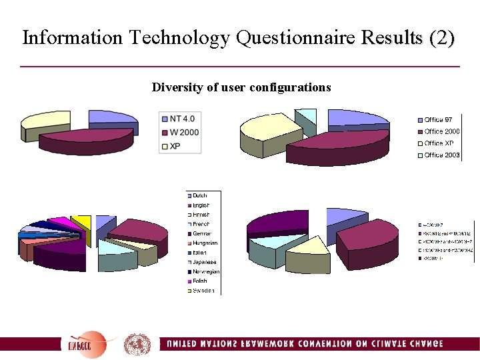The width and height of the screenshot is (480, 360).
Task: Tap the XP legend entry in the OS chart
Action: (x=175, y=145)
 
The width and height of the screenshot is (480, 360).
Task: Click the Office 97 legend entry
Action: (x=438, y=120)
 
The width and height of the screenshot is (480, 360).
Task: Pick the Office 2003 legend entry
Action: (x=441, y=155)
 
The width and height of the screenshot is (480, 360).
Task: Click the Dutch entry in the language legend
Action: (x=200, y=196)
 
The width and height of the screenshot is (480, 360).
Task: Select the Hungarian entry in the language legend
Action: (x=205, y=243)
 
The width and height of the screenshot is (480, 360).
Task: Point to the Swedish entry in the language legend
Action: (x=203, y=291)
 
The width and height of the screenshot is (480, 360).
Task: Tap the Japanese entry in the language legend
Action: (x=204, y=262)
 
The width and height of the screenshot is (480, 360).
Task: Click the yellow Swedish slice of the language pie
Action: (x=83, y=221)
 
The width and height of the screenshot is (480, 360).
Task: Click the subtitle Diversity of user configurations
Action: (x=241, y=87)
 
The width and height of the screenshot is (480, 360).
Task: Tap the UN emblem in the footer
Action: (x=137, y=344)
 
